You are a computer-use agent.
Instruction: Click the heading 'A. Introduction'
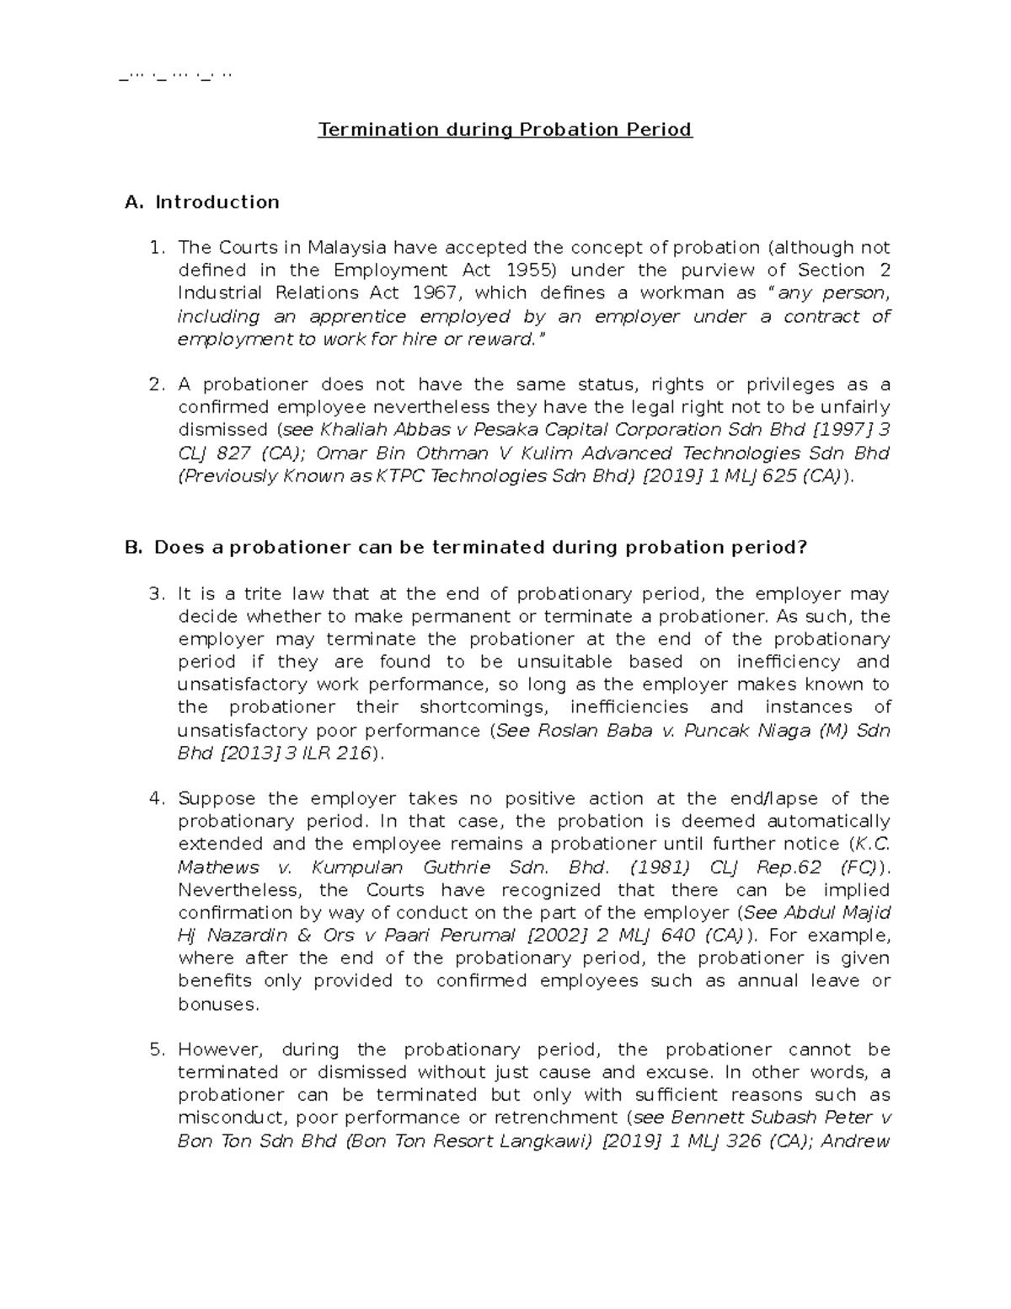pos(201,202)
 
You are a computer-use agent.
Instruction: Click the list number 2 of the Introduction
pos(156,385)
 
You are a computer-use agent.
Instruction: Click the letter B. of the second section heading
pos(134,548)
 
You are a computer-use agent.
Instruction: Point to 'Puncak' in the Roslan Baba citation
pos(715,731)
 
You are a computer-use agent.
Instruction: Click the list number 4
pos(156,799)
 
